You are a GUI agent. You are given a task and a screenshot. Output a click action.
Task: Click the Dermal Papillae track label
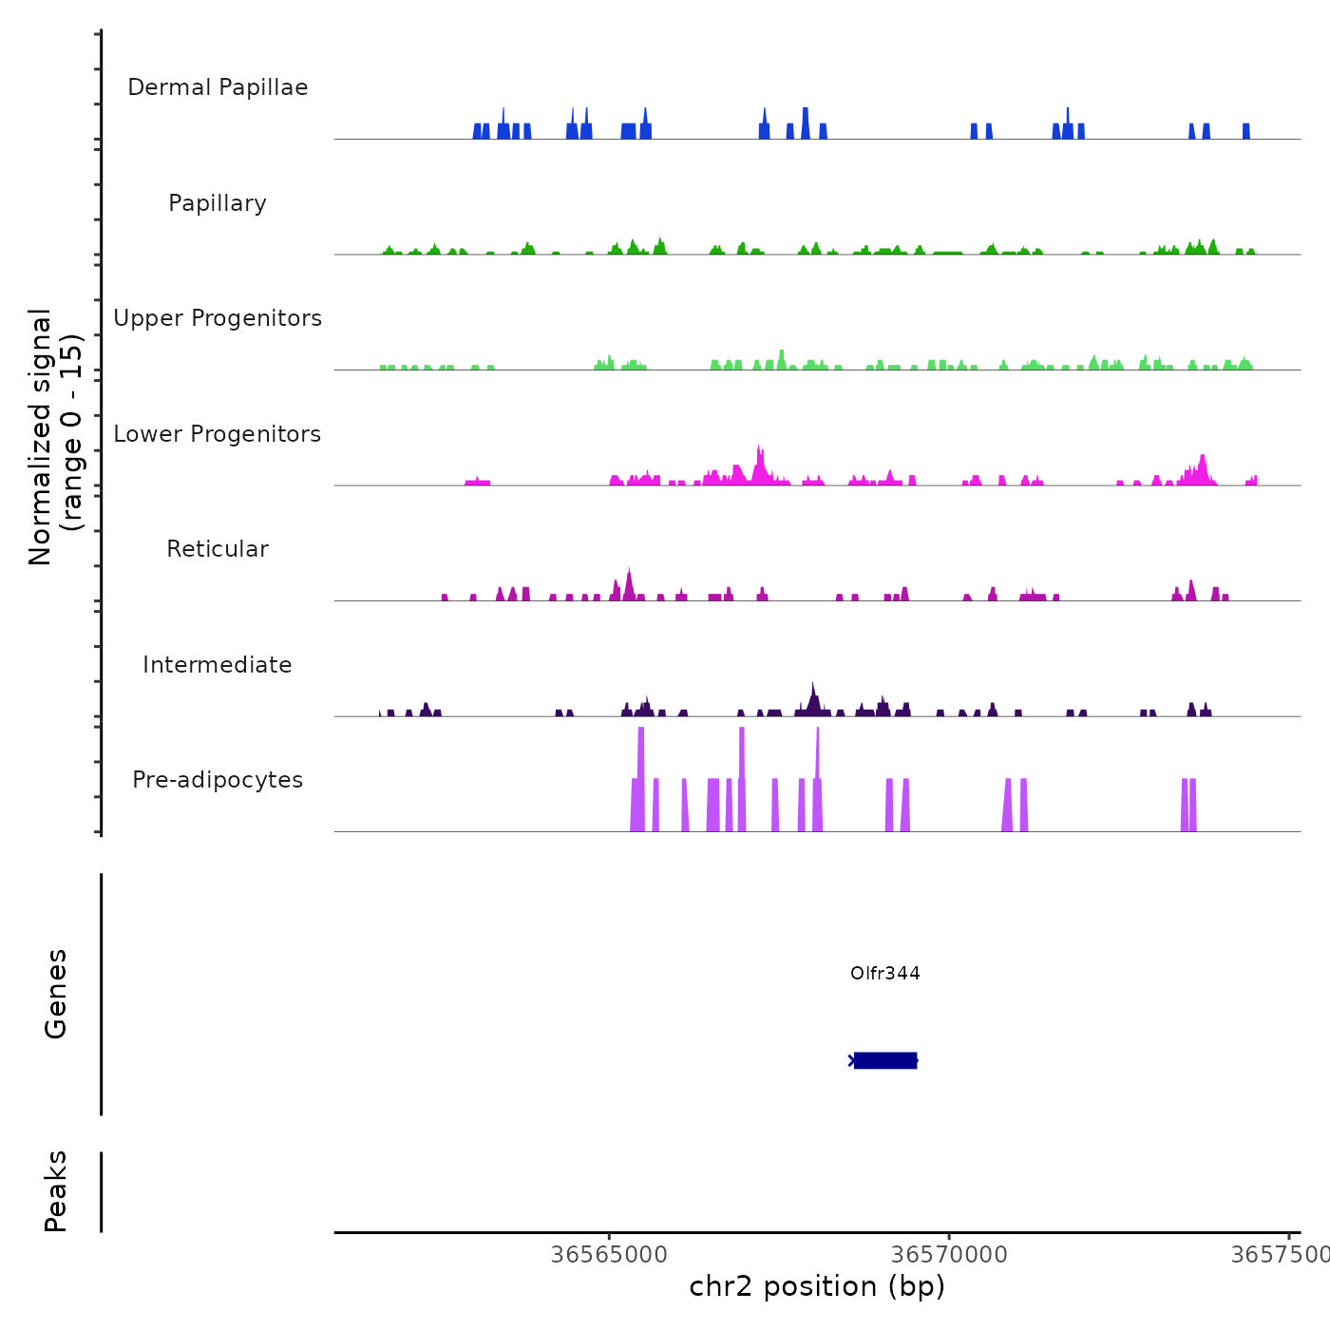pos(218,87)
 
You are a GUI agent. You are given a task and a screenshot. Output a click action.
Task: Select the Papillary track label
pos(218,203)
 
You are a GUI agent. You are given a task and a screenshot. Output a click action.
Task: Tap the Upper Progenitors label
pos(218,318)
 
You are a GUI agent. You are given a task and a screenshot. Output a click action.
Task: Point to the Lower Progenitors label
pos(218,434)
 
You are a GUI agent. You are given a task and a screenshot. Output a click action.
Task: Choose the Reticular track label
pos(218,549)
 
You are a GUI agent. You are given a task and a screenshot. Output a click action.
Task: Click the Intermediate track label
pos(218,665)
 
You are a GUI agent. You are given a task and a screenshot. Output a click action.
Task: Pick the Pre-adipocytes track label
pos(218,780)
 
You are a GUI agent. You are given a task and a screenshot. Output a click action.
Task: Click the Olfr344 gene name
pos(884,973)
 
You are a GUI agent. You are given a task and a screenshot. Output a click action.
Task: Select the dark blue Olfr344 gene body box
pos(885,1060)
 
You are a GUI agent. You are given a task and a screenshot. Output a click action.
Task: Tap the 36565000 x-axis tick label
pos(609,1255)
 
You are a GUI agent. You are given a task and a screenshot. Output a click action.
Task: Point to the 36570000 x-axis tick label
pos(949,1255)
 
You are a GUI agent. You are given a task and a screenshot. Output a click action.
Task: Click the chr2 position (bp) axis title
pos(817,1286)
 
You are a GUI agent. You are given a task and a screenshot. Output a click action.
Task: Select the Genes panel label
pos(56,994)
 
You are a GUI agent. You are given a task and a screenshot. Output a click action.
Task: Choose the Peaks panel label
pos(56,1191)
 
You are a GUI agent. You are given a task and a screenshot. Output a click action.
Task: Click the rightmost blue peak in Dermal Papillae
pos(1246,131)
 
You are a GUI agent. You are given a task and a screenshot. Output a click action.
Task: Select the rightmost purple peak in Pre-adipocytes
pos(1192,803)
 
